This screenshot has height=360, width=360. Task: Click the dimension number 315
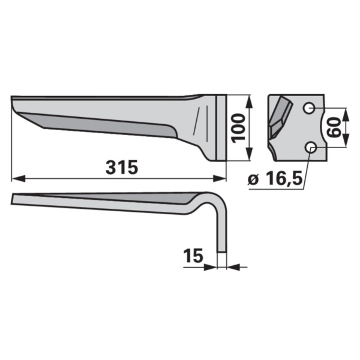[x=122, y=167]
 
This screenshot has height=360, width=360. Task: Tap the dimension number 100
[x=238, y=128]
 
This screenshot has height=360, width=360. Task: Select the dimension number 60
[x=334, y=127]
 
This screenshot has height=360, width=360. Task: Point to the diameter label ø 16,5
[x=275, y=179]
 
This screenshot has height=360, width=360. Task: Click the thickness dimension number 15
[x=194, y=256]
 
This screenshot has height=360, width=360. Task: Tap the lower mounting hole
[x=311, y=147]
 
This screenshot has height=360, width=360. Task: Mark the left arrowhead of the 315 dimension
[x=18, y=178]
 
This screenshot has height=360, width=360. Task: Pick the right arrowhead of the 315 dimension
[x=220, y=178]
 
